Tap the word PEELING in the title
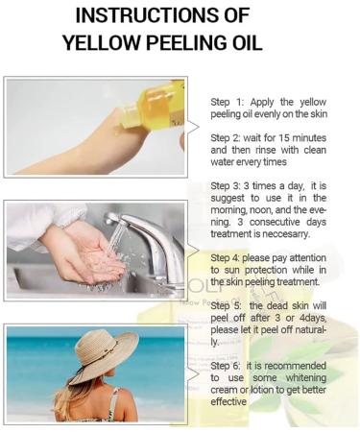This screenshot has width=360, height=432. click(x=187, y=42)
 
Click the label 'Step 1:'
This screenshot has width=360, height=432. click(x=228, y=103)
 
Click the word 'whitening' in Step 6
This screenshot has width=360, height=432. click(x=306, y=378)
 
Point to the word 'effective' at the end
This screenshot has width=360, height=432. click(x=228, y=402)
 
